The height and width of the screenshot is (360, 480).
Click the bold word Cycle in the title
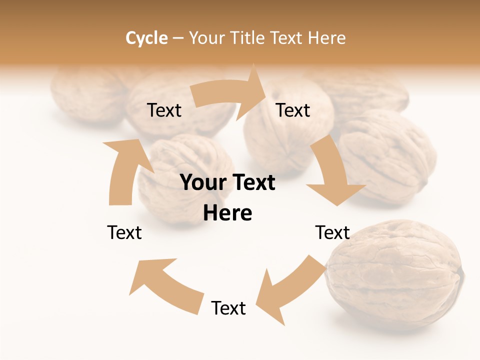click(x=146, y=38)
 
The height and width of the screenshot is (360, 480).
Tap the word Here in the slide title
click(x=327, y=38)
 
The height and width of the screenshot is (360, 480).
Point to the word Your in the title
click(x=206, y=38)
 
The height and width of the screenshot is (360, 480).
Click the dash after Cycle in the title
click(x=178, y=38)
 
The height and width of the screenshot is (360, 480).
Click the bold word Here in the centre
click(x=227, y=213)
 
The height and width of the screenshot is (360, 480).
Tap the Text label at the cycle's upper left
click(x=164, y=110)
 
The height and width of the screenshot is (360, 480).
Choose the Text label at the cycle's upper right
click(x=293, y=110)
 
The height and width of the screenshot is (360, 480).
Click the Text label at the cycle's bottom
click(x=228, y=308)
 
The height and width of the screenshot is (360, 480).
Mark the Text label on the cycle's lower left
click(x=124, y=232)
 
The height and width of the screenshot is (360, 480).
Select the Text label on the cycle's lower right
click(x=332, y=232)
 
